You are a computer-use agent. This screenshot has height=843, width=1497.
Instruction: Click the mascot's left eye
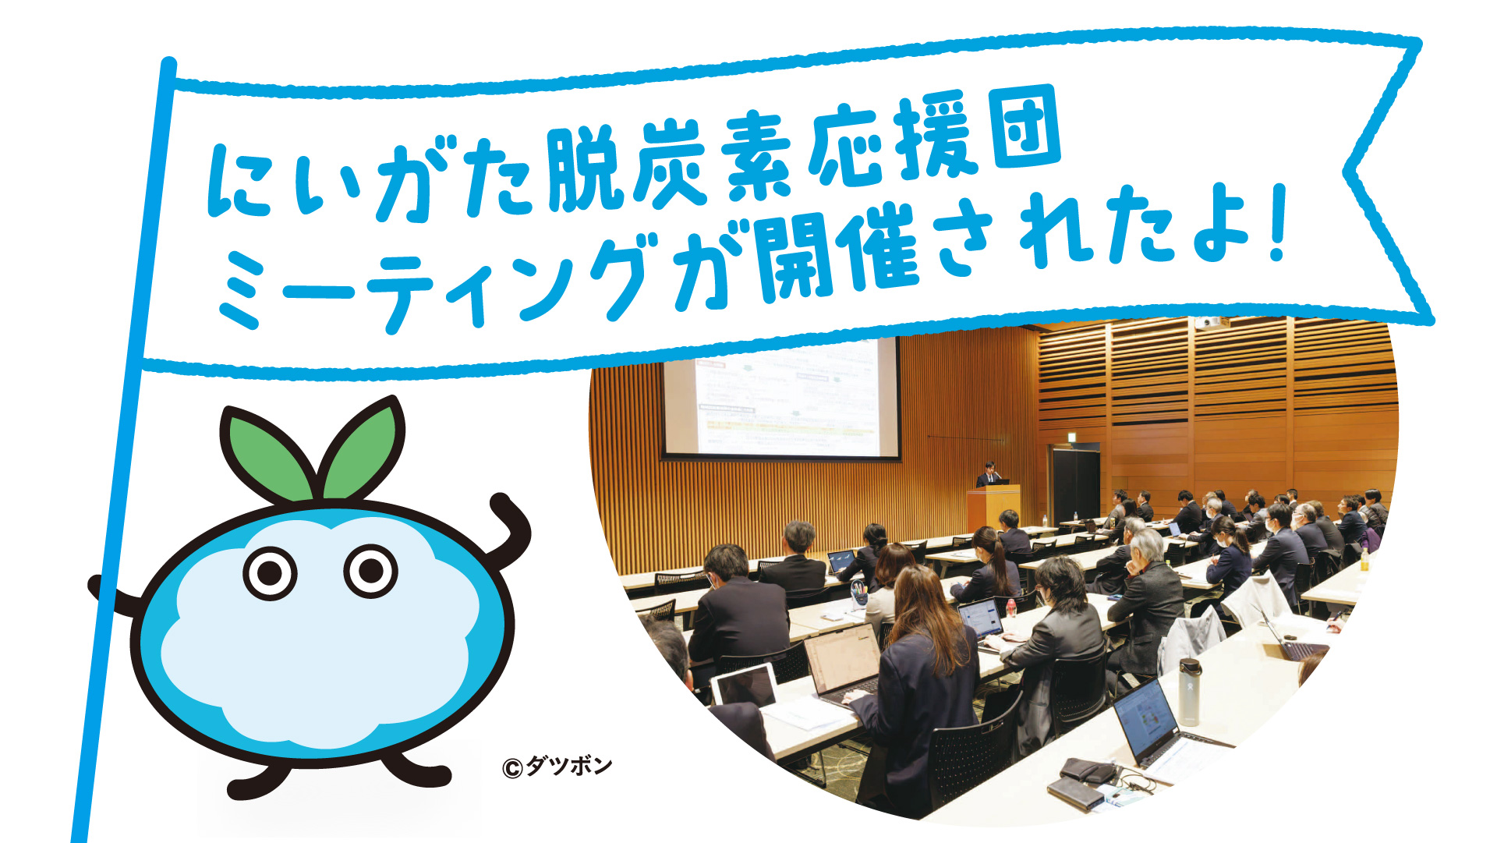[x=270, y=573]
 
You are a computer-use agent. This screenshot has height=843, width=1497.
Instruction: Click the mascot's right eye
[x=371, y=571]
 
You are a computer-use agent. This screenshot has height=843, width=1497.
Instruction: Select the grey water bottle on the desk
[x=1189, y=691]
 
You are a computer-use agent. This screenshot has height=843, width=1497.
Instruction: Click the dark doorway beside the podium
[x=1076, y=483]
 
